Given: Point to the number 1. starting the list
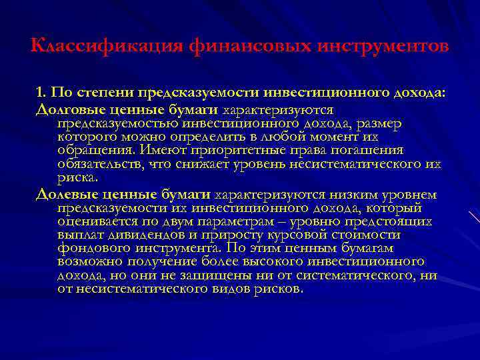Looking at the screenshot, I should pyautogui.click(x=43, y=93).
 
